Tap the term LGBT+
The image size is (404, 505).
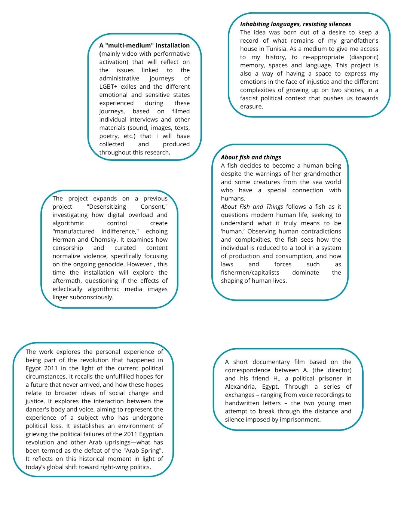pos(108,87)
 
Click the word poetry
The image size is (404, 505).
pos(108,136)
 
